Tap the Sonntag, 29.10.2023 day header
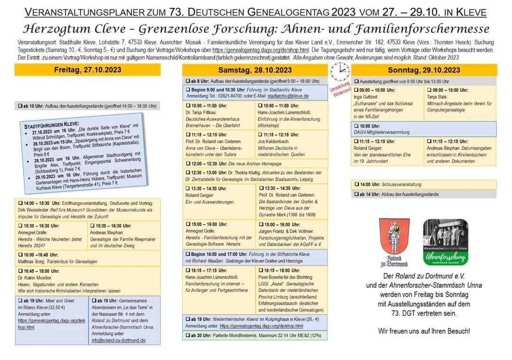point(423,70)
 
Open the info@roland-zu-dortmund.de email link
point(119,340)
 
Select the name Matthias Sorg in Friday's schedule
point(31,261)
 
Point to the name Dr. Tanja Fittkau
point(201,112)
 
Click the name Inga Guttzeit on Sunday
point(367,97)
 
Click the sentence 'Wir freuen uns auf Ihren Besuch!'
point(424,331)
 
